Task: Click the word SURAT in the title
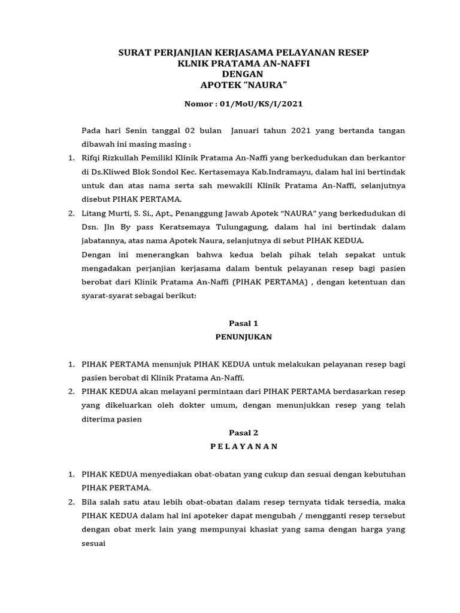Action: pos(135,53)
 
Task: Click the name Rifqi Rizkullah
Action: pos(114,158)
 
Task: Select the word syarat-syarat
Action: pos(103,296)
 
